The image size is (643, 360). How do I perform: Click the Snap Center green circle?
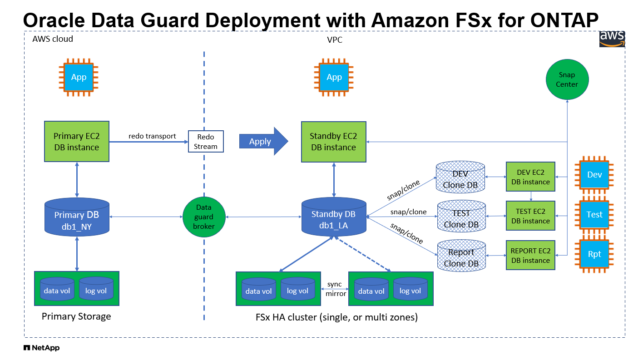click(x=567, y=80)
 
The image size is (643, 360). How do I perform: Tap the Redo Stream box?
click(x=206, y=142)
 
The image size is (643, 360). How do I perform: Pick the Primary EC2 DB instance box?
click(x=76, y=141)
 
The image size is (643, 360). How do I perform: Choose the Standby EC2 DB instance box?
click(x=333, y=141)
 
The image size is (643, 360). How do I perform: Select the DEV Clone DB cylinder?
click(x=460, y=178)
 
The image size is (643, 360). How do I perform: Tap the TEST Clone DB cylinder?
click(x=461, y=217)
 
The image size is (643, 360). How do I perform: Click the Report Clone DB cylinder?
click(x=461, y=256)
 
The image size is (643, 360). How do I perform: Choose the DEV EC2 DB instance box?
click(x=530, y=178)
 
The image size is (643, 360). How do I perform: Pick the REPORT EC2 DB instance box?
click(x=530, y=256)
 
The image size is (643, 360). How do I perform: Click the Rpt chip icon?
click(x=594, y=254)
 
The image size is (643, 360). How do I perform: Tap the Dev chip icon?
click(x=594, y=174)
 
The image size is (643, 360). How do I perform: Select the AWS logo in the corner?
click(x=612, y=39)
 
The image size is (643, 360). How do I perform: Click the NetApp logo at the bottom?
click(x=41, y=348)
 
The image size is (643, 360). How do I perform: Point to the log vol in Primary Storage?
click(x=96, y=290)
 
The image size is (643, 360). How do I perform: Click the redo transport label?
click(x=152, y=136)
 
